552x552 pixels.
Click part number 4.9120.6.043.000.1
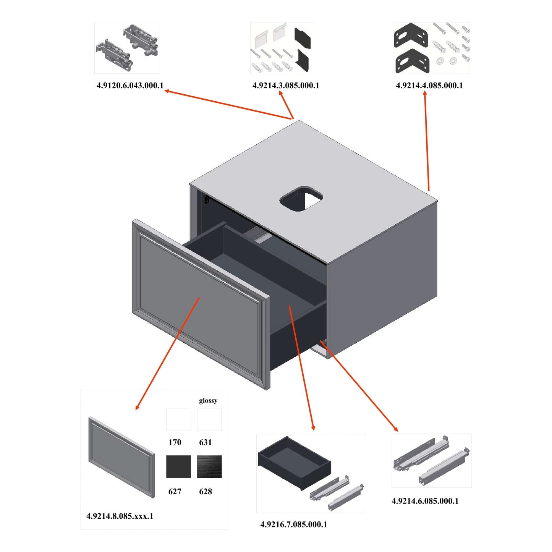130,86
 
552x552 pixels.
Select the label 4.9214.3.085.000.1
286,86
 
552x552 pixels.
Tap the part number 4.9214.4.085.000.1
429,86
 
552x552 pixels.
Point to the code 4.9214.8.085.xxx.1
120,516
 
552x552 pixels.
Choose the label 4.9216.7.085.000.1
294,524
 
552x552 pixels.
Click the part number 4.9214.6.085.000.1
425,501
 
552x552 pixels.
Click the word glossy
208,400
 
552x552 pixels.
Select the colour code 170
175,442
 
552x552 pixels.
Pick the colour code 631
206,442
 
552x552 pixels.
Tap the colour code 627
175,492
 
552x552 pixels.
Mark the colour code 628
206,492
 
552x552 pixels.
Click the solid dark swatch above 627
178,466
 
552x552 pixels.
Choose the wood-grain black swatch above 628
209,466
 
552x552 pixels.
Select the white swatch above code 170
178,419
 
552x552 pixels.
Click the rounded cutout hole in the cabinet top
301,199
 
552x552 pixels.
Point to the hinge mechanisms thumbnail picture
127,48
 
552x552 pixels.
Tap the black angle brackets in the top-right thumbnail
411,48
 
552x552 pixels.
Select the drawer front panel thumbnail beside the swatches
121,457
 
